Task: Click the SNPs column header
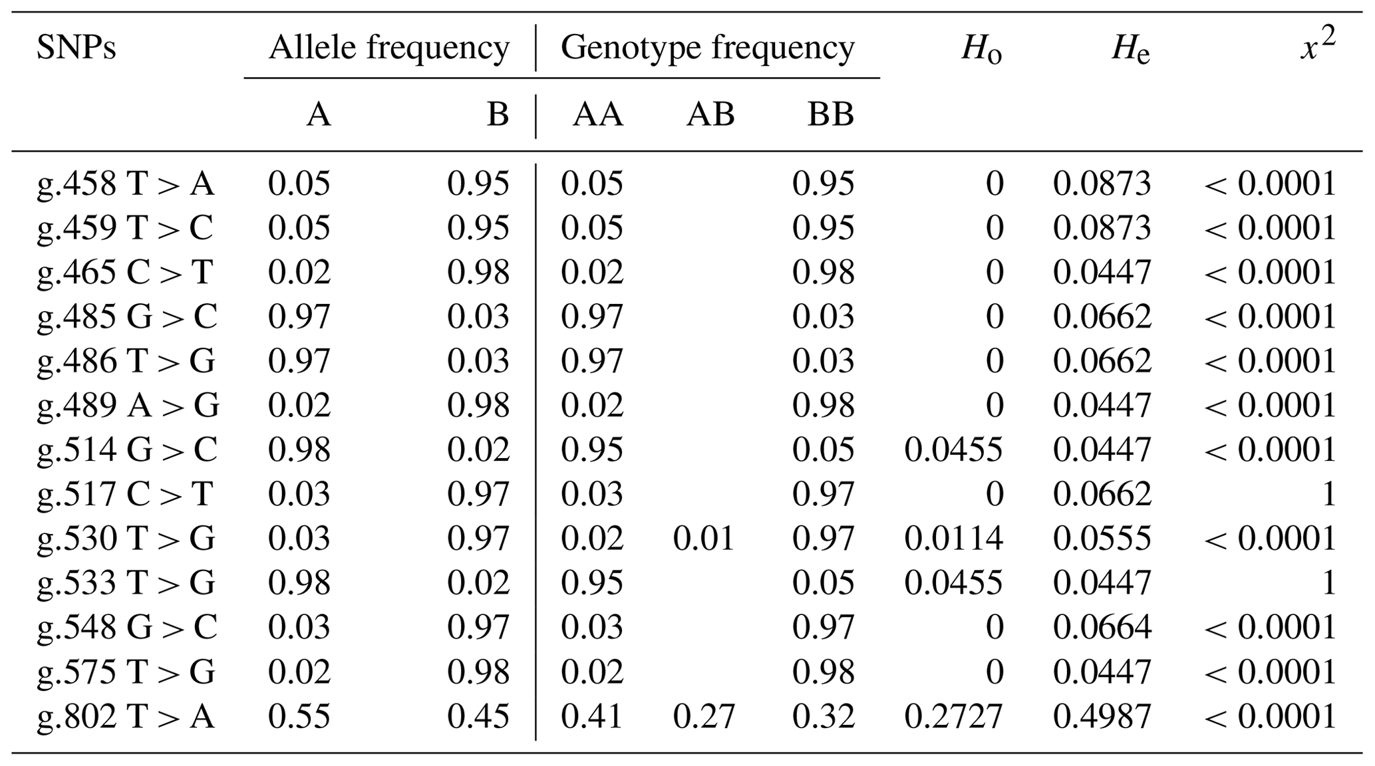76,48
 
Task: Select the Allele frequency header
388,48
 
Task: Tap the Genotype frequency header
707,48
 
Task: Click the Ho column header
981,49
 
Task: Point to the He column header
1130,49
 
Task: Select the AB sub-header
710,114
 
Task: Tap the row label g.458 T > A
126,184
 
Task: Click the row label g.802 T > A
126,717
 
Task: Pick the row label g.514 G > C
126,450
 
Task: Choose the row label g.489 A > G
128,406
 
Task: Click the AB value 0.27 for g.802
704,717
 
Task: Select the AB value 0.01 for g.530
704,539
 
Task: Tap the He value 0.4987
1102,717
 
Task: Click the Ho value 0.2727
953,717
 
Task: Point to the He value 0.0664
1102,628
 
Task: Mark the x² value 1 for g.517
1328,494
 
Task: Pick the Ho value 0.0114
953,539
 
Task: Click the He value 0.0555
1102,539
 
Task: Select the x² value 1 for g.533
1328,583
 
